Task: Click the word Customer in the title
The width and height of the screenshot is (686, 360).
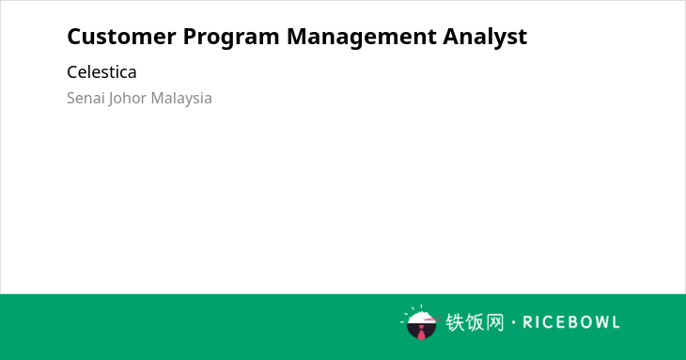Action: (x=121, y=37)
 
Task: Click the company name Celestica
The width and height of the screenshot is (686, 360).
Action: (x=101, y=72)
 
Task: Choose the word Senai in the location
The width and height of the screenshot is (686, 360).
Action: (x=86, y=98)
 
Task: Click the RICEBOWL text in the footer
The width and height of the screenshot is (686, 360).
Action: (x=571, y=322)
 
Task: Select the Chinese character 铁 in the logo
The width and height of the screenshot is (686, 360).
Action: (x=455, y=322)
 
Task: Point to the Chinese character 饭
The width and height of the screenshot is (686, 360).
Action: (x=475, y=322)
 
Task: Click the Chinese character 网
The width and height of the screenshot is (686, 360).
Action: (x=494, y=322)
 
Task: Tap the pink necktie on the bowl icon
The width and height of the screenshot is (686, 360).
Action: (x=421, y=334)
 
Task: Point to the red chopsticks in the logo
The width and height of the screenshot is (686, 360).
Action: (x=432, y=320)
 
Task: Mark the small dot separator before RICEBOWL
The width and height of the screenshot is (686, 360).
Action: (x=514, y=322)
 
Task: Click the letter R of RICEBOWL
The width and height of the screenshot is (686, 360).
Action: (x=528, y=322)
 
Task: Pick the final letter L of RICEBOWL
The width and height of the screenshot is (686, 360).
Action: (x=616, y=322)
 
